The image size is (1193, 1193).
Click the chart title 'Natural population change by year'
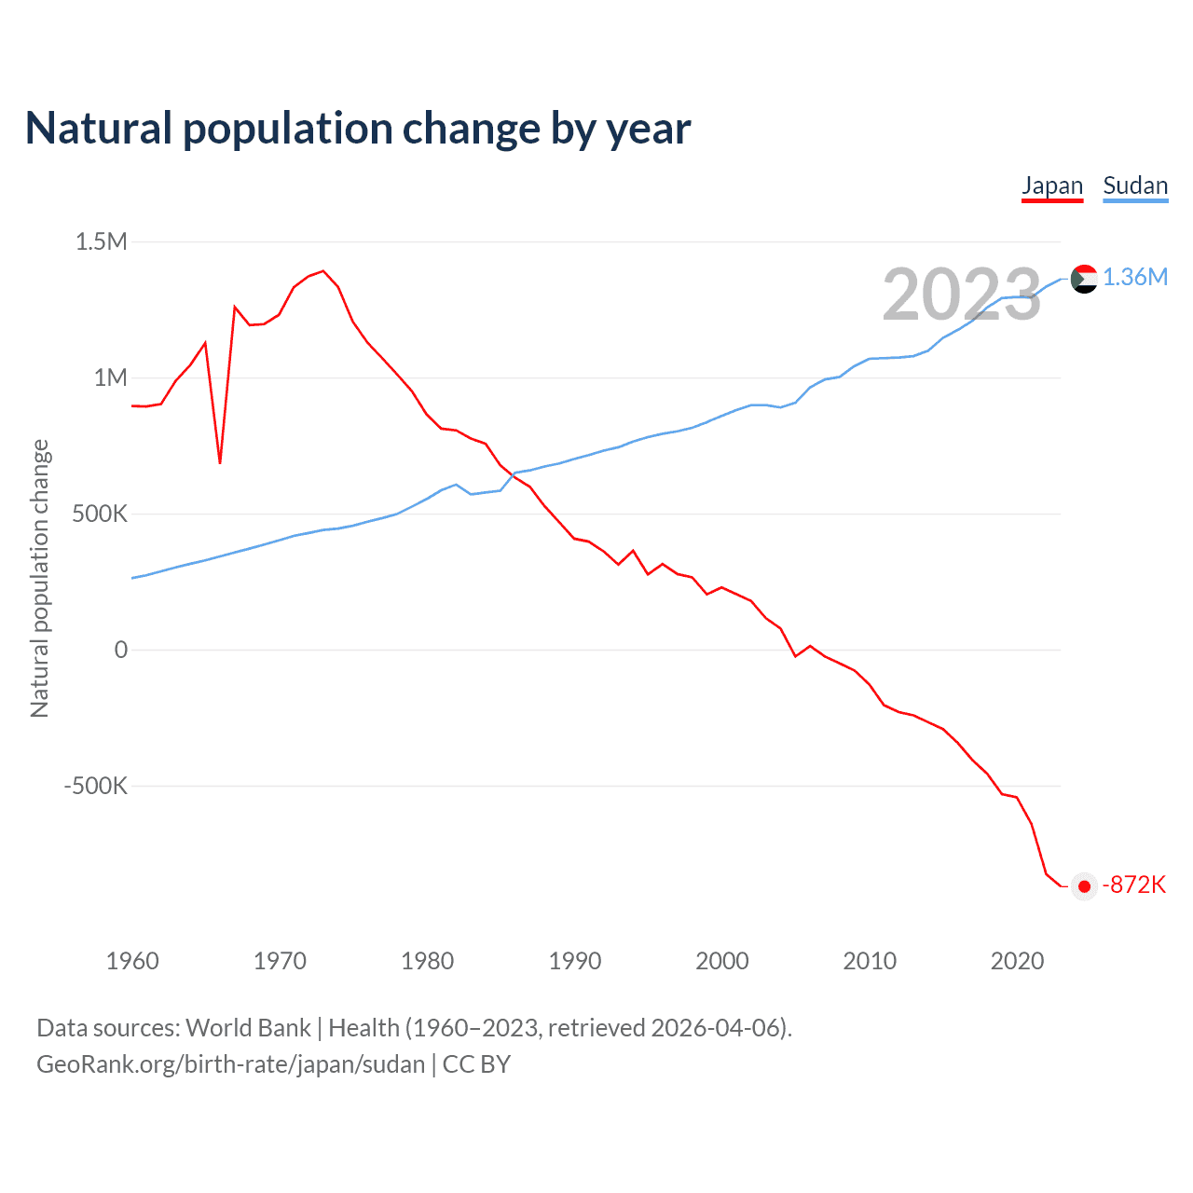(358, 129)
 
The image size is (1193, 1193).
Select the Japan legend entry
(1052, 185)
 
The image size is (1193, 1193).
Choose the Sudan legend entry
(1135, 185)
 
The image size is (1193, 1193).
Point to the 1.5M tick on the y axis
(102, 242)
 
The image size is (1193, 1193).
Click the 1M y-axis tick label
(110, 378)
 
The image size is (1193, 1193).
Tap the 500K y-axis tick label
(100, 514)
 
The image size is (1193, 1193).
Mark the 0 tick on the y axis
(120, 651)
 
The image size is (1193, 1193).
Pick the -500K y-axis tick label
(95, 787)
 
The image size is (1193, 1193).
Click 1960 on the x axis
(132, 961)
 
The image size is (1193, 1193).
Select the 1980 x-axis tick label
(428, 961)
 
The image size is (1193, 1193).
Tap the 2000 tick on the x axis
(722, 961)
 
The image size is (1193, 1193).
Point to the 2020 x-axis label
(1017, 961)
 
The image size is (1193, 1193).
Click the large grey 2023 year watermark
(961, 295)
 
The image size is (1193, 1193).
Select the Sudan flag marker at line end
(1084, 279)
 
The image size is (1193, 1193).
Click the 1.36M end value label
(1135, 278)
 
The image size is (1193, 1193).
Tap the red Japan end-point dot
(1084, 886)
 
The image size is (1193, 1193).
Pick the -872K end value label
(1134, 885)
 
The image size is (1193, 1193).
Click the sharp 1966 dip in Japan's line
(220, 461)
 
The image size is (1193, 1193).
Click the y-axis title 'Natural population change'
(40, 578)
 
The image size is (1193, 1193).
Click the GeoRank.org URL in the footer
(230, 1064)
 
